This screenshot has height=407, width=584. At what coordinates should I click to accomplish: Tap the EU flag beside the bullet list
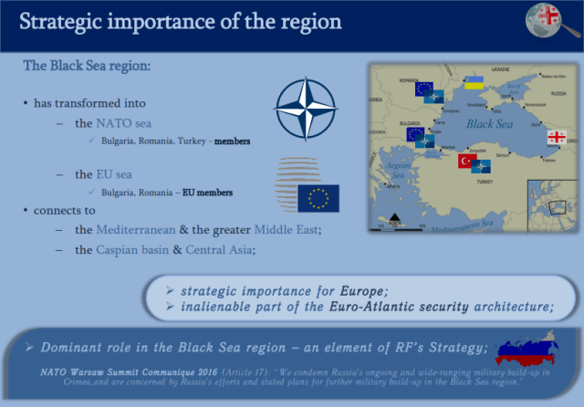coord(318,198)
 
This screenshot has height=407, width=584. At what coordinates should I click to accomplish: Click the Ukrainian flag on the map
coord(474,83)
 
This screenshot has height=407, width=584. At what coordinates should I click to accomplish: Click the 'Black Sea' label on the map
coord(490,123)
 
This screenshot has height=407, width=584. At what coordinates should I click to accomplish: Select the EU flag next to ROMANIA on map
coord(423,89)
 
